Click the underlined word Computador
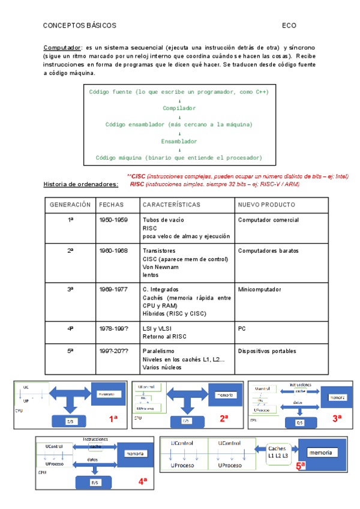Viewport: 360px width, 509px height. (62, 47)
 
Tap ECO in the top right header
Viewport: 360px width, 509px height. (289, 26)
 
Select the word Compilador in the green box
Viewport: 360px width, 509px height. (179, 108)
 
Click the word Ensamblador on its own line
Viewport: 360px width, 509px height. (179, 141)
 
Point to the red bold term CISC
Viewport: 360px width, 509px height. (138, 176)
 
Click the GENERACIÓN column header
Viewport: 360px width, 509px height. (70, 205)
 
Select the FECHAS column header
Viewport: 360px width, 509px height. (112, 205)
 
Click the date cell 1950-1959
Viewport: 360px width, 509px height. (113, 220)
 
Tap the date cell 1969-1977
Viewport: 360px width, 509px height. (113, 289)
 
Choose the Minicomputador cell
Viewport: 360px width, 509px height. (260, 289)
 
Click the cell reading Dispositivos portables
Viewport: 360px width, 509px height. (267, 351)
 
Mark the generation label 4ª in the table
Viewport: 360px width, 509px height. (70, 328)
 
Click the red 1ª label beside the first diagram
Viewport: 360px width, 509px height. (113, 419)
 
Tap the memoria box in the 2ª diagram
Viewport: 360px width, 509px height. (225, 396)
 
